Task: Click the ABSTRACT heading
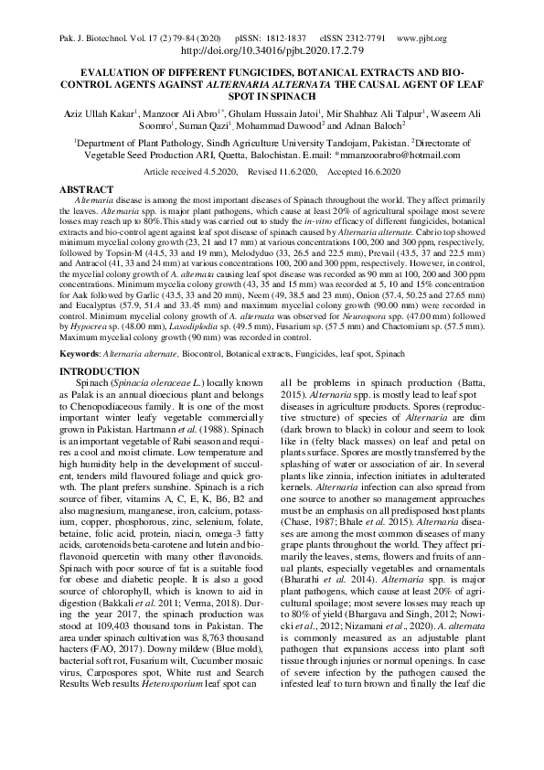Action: [x=86, y=188]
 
